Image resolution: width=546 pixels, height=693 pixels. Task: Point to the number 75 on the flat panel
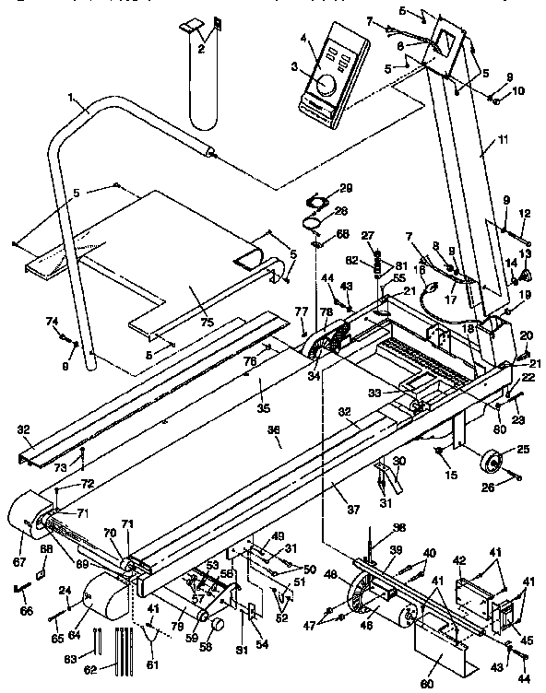(206, 322)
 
